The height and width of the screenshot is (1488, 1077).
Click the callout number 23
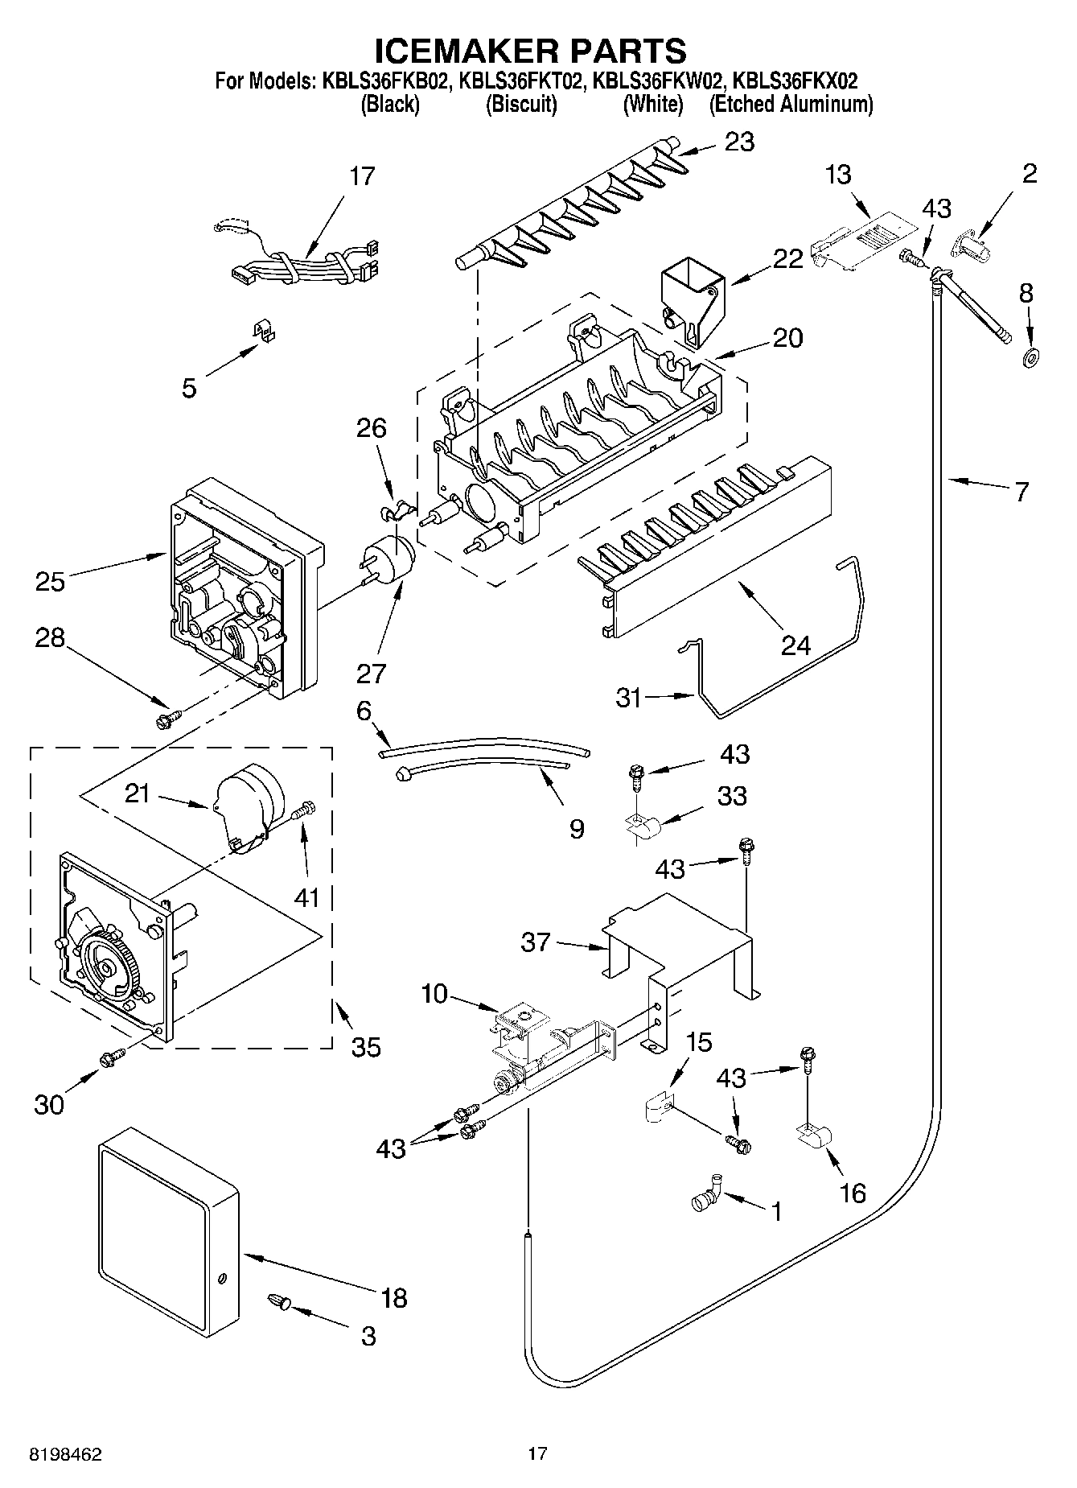[x=739, y=142]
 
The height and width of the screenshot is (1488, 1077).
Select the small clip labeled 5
[x=261, y=332]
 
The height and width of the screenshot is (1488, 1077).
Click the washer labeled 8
[x=1029, y=357]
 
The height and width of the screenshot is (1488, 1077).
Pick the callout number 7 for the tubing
[x=1020, y=491]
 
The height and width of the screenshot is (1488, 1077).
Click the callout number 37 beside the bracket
[x=535, y=942]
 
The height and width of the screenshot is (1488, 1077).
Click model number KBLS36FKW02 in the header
[x=652, y=80]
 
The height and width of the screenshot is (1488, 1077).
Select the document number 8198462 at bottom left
[x=66, y=1454]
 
